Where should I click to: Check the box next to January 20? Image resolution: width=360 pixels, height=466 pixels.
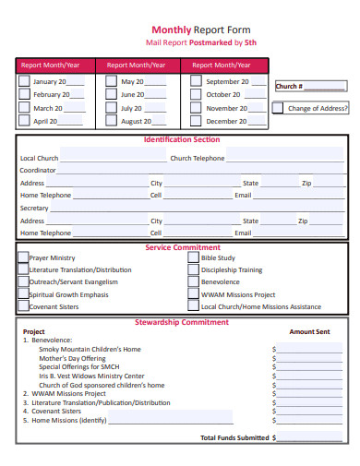pyautogui.click(x=24, y=81)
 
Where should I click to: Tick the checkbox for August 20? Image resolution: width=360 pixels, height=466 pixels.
pyautogui.click(x=110, y=121)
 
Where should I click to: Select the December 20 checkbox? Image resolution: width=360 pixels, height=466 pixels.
pyautogui.click(x=196, y=121)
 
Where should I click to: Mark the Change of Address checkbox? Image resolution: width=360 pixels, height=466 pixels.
pyautogui.click(x=278, y=108)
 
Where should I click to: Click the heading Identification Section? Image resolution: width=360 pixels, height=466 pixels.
pyautogui.click(x=182, y=140)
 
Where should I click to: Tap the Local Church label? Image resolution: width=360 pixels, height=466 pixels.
pyautogui.click(x=40, y=158)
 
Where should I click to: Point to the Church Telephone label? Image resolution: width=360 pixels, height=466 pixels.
pyautogui.click(x=197, y=158)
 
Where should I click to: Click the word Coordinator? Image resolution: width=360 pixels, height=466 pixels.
pyautogui.click(x=39, y=171)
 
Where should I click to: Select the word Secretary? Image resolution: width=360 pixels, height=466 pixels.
pyautogui.click(x=35, y=209)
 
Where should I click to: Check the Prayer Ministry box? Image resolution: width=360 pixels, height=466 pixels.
pyautogui.click(x=23, y=258)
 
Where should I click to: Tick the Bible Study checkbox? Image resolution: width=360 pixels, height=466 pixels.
pyautogui.click(x=193, y=258)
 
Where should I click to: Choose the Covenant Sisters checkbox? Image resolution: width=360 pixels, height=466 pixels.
pyautogui.click(x=23, y=306)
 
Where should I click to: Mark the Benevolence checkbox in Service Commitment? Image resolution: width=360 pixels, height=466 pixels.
pyautogui.click(x=193, y=282)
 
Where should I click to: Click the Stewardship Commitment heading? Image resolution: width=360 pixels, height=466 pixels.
pyautogui.click(x=182, y=323)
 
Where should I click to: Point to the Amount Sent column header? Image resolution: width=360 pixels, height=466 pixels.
pyautogui.click(x=309, y=332)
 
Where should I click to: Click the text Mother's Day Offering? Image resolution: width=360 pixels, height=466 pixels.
pyautogui.click(x=78, y=358)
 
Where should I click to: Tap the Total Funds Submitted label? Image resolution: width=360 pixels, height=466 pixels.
pyautogui.click(x=235, y=437)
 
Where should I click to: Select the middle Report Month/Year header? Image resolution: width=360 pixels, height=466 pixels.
pyautogui.click(x=137, y=66)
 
